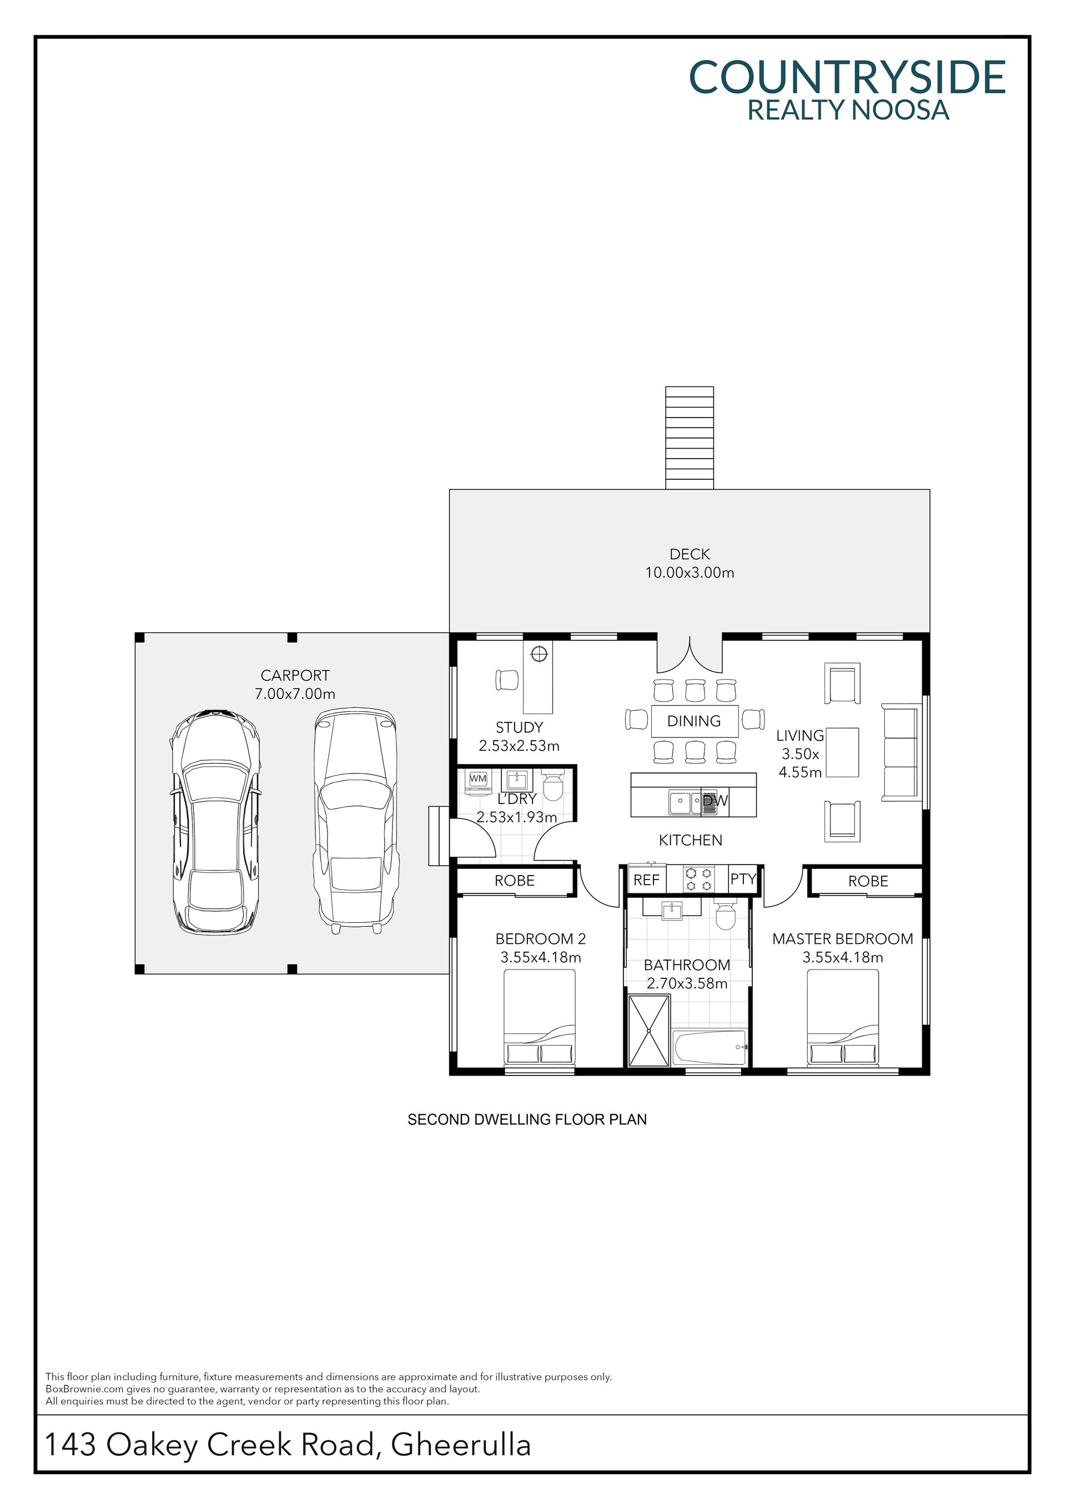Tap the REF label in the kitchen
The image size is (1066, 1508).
pyautogui.click(x=646, y=880)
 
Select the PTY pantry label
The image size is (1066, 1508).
pyautogui.click(x=743, y=879)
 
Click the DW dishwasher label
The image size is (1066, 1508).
pyautogui.click(x=715, y=801)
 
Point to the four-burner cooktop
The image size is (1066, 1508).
pyautogui.click(x=698, y=879)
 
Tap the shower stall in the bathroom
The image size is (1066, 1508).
pyautogui.click(x=649, y=1031)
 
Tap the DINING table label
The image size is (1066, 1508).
pyautogui.click(x=693, y=721)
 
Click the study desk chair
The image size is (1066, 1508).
pyautogui.click(x=507, y=680)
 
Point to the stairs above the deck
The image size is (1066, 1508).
pyautogui.click(x=690, y=438)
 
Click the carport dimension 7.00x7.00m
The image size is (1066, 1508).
pyautogui.click(x=295, y=693)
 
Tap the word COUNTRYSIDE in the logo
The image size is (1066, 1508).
pyautogui.click(x=847, y=78)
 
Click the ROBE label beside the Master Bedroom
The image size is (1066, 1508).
pyautogui.click(x=868, y=881)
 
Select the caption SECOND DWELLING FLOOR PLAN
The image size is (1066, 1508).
pyautogui.click(x=527, y=1120)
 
